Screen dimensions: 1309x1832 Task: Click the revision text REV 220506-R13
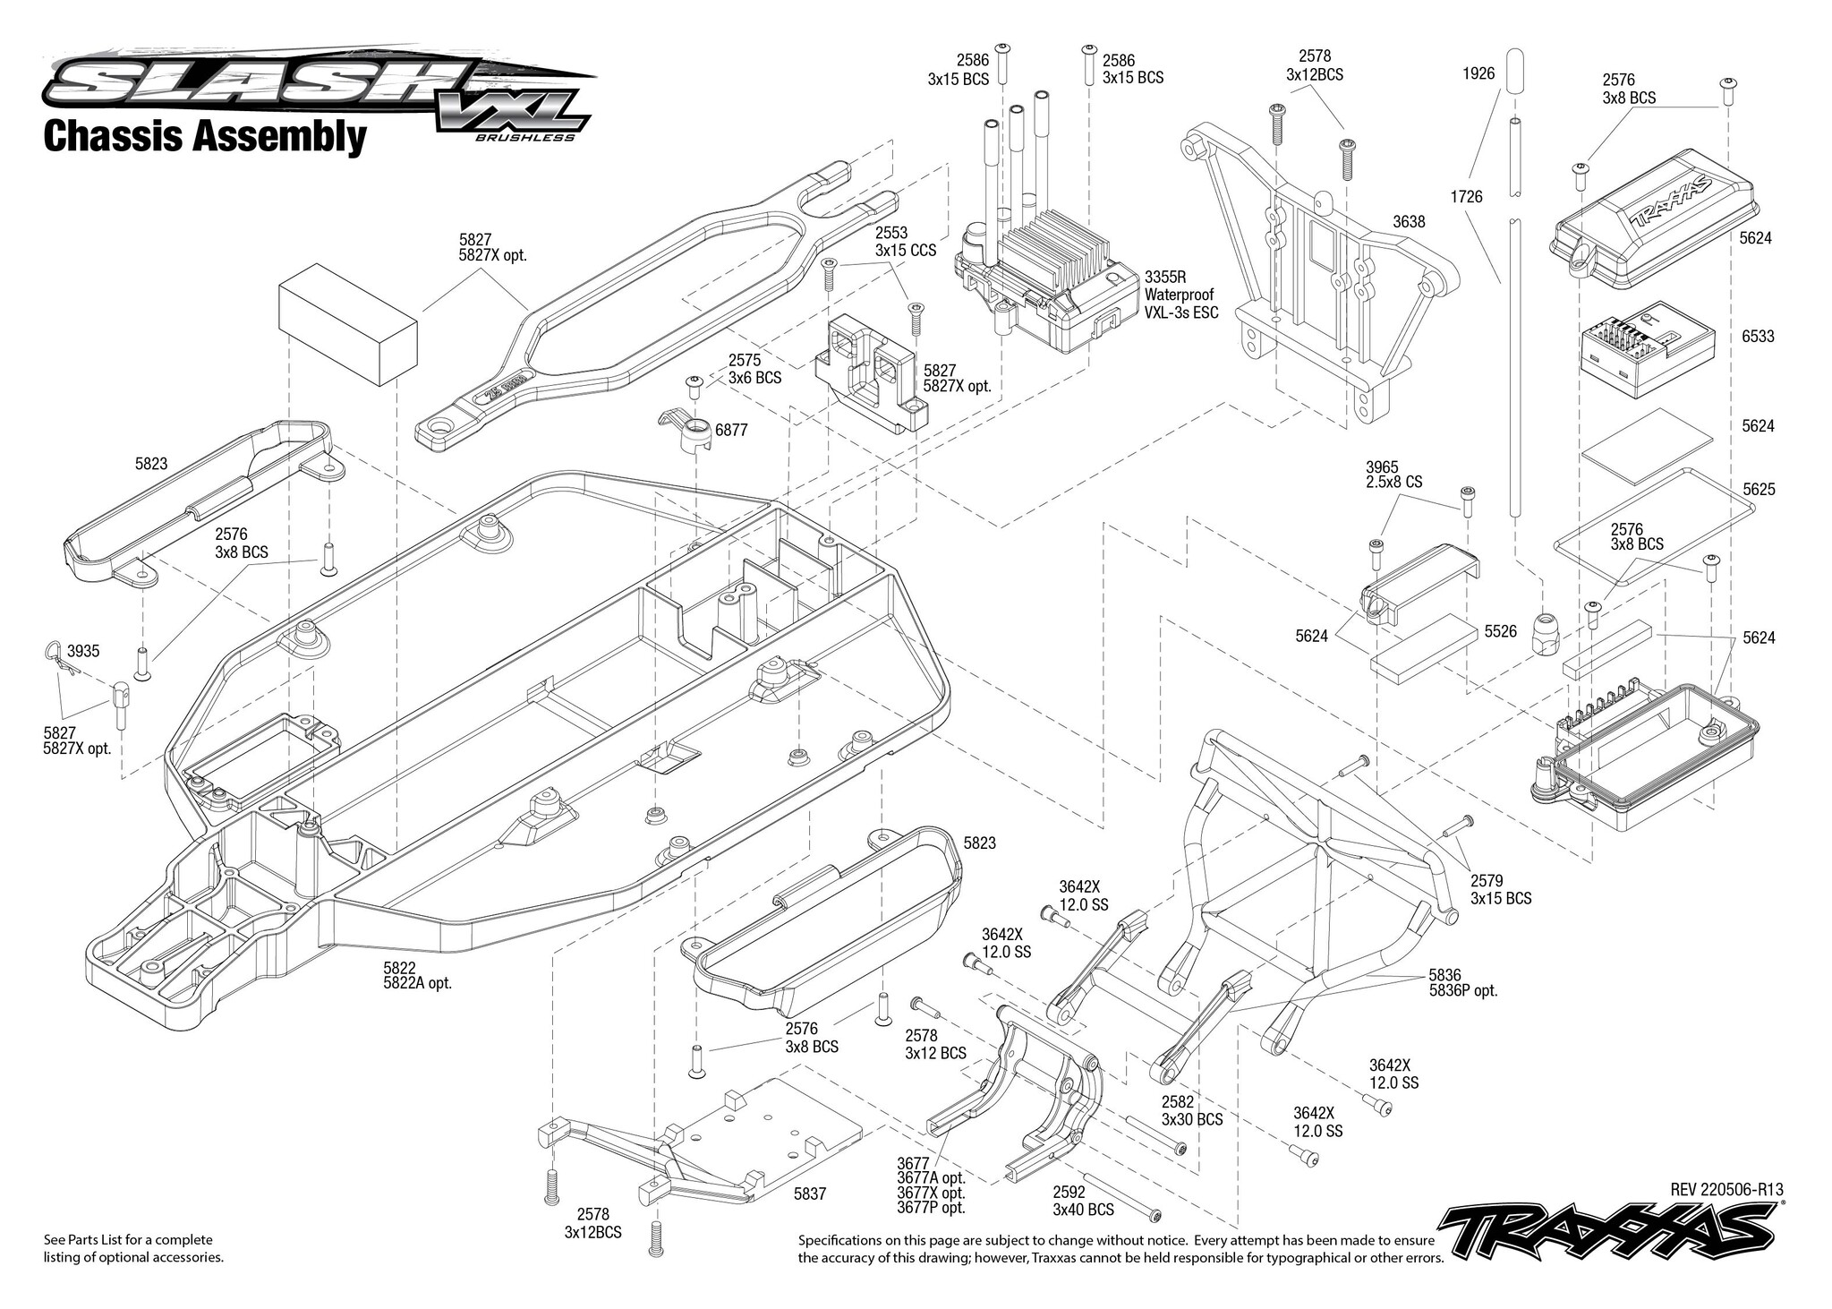click(x=1726, y=1189)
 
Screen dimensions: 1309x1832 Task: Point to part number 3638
click(x=1409, y=221)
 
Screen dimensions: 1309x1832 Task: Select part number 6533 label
click(x=1758, y=337)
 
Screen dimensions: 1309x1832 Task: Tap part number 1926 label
click(x=1478, y=73)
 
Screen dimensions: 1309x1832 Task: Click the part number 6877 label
click(x=731, y=431)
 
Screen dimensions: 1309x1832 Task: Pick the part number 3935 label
click(x=83, y=651)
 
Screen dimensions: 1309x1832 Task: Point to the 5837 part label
click(x=810, y=1193)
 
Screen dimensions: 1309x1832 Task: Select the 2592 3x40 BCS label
click(x=1083, y=1202)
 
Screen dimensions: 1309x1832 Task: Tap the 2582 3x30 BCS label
click(x=1191, y=1111)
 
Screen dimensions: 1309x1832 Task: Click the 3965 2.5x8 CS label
click(x=1393, y=475)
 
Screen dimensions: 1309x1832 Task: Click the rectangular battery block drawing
click(x=348, y=323)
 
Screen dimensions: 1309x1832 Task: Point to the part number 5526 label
click(x=1500, y=631)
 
